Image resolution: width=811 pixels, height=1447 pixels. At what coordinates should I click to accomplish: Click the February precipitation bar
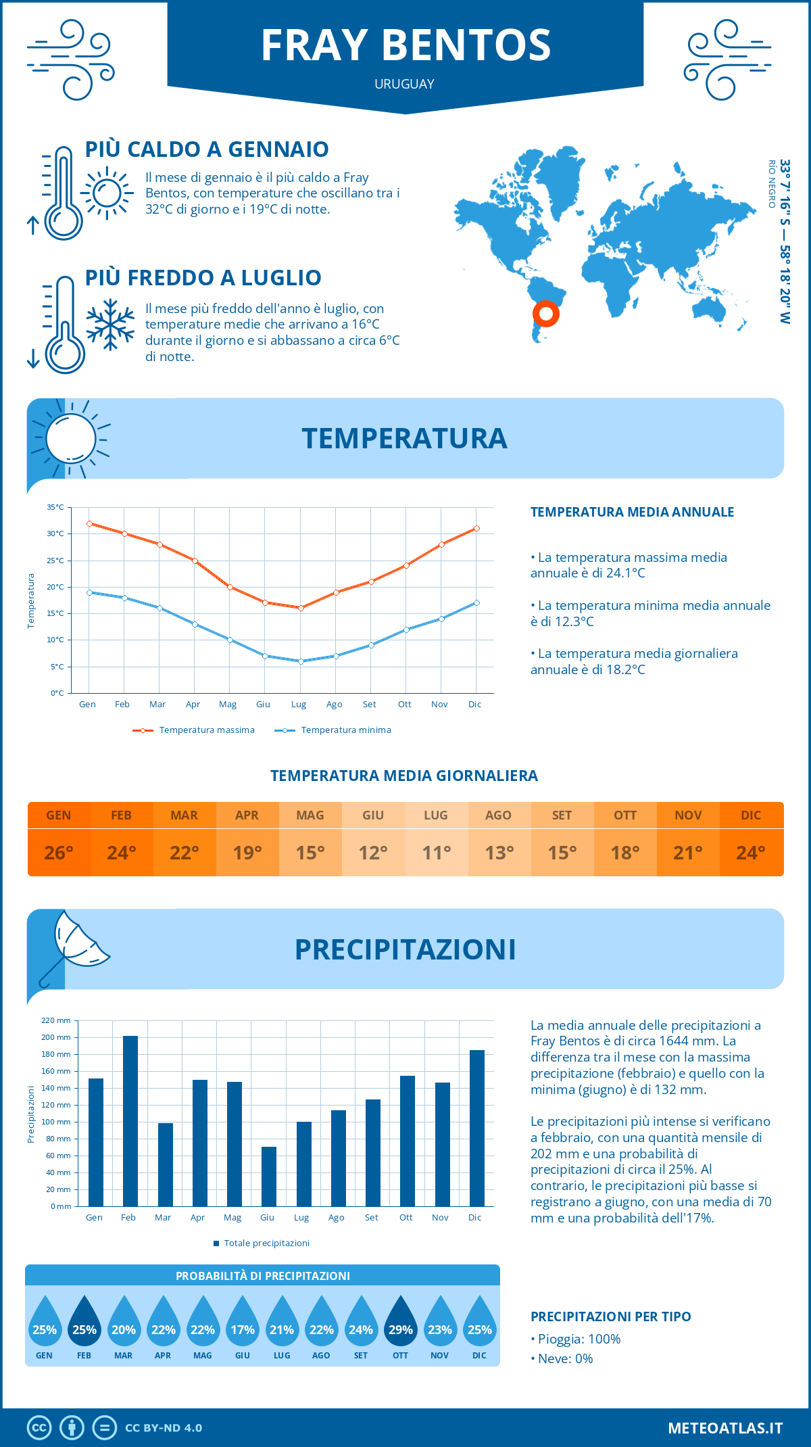pyautogui.click(x=130, y=1121)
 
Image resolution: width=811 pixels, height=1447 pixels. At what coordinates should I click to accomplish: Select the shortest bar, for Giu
pyautogui.click(x=268, y=1177)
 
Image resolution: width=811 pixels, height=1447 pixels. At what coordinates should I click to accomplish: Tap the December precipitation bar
pyautogui.click(x=476, y=1128)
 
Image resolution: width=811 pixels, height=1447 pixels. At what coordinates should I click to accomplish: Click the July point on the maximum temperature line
pyautogui.click(x=301, y=608)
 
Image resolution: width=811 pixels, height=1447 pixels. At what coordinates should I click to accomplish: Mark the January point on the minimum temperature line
pyautogui.click(x=89, y=592)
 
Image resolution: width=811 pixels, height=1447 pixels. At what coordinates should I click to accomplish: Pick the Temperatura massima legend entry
pyautogui.click(x=194, y=730)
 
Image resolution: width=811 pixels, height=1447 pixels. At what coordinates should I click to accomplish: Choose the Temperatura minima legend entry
pyautogui.click(x=333, y=730)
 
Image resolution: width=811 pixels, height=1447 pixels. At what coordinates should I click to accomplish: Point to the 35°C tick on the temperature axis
pyautogui.click(x=55, y=507)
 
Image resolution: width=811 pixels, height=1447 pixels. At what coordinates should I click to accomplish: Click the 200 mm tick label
pyautogui.click(x=56, y=1037)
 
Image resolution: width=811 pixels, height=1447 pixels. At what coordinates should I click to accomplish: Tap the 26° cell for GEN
pyautogui.click(x=59, y=853)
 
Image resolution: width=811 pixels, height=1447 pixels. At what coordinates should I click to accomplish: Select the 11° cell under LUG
pyautogui.click(x=436, y=853)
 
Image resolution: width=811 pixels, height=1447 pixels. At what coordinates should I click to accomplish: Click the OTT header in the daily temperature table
pyautogui.click(x=625, y=815)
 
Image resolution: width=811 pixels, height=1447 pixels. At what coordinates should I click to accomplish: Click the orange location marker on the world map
pyautogui.click(x=545, y=313)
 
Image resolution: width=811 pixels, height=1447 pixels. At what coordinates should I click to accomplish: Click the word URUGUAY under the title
pyautogui.click(x=404, y=84)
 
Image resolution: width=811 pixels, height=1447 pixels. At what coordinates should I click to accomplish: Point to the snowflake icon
pyautogui.click(x=110, y=325)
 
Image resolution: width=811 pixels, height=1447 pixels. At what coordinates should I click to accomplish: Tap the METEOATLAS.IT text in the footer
pyautogui.click(x=724, y=1428)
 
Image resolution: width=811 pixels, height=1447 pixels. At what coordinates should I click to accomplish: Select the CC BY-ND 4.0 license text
pyautogui.click(x=164, y=1428)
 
